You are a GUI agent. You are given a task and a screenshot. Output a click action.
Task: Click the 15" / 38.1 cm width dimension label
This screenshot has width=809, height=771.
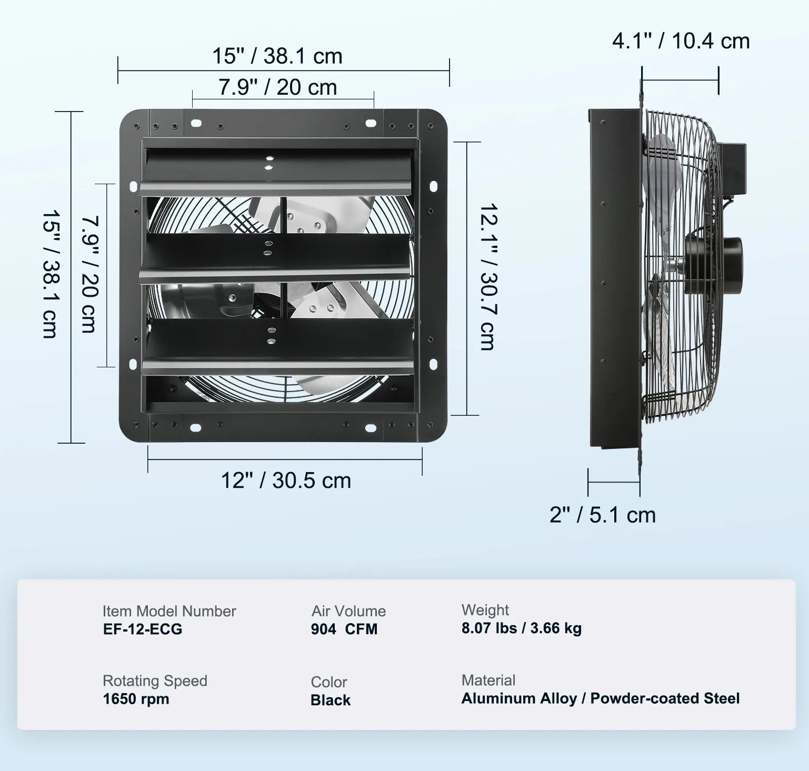[x=277, y=56]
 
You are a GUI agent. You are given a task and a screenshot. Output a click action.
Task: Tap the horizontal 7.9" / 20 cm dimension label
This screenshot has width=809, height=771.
[x=277, y=87]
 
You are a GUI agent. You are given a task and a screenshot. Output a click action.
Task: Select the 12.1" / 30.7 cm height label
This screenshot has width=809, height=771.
[x=488, y=277]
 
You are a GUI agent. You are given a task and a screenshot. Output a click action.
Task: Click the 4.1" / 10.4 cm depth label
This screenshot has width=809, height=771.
[x=681, y=41]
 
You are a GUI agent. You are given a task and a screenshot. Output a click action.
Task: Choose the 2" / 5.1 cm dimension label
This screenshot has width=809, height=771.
[x=603, y=515]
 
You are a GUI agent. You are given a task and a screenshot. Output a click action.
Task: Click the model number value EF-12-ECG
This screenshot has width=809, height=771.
[x=143, y=629]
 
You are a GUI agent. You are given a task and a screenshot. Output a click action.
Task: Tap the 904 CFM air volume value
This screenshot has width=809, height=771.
[x=344, y=629]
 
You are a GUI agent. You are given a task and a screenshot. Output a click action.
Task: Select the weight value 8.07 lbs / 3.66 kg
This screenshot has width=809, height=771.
[x=521, y=628]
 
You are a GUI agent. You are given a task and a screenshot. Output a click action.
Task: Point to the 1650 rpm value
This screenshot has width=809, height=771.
[x=136, y=699]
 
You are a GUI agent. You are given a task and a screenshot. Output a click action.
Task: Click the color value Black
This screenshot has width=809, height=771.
[x=331, y=700]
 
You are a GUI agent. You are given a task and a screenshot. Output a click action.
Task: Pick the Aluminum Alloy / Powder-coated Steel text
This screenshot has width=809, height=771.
[x=601, y=698]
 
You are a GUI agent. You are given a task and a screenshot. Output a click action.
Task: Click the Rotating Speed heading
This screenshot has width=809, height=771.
[x=155, y=680]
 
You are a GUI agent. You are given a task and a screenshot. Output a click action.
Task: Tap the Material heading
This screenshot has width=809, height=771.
[x=488, y=680]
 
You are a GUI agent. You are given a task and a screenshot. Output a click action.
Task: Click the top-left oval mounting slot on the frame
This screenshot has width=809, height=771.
[x=196, y=123]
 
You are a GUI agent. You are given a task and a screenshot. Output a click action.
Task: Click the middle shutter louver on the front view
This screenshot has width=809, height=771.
[x=274, y=256]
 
